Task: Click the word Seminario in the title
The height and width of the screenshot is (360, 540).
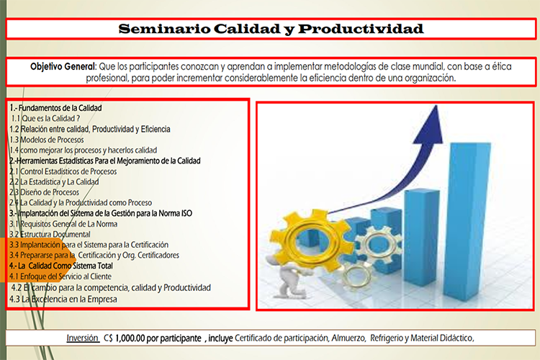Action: (164, 29)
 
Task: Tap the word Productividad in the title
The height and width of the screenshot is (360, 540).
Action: (361, 29)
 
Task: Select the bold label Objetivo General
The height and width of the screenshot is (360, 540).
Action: (63, 66)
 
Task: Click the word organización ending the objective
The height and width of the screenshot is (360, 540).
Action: (430, 78)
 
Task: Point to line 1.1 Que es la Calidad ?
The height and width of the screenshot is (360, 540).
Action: (45, 119)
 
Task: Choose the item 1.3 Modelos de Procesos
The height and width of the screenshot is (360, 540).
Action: (47, 140)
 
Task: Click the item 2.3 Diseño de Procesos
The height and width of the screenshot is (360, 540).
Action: (45, 192)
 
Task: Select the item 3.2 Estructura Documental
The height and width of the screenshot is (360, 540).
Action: (50, 234)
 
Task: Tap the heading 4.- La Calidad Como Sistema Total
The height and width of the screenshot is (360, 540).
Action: (61, 266)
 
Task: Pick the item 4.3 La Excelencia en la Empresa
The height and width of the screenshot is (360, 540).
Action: (63, 299)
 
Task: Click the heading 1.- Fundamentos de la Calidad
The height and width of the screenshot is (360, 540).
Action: (55, 108)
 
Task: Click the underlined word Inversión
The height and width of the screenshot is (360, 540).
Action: (82, 338)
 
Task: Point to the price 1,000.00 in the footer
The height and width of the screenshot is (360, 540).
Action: (130, 338)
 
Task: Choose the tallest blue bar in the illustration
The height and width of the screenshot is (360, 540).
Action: (467, 220)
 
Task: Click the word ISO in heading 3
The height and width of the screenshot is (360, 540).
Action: (186, 213)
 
